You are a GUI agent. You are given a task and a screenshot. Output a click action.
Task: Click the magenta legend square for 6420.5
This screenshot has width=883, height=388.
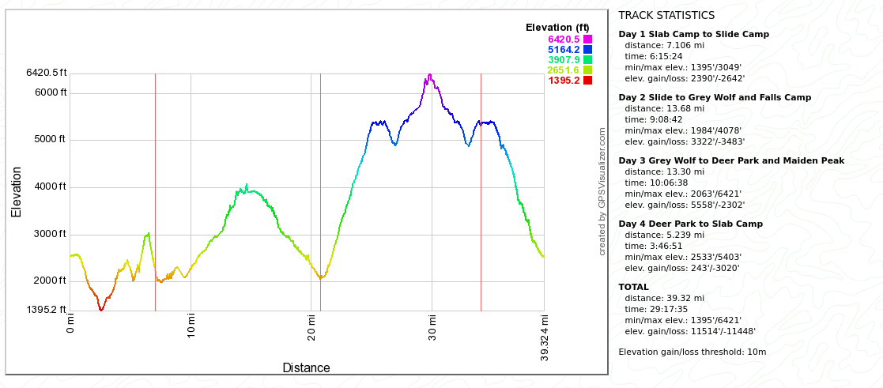[x=588, y=39]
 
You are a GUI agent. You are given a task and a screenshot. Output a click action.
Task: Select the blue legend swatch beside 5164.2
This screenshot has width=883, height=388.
[x=588, y=49]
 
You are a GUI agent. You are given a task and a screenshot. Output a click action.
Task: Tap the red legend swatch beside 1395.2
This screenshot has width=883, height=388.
[x=588, y=80]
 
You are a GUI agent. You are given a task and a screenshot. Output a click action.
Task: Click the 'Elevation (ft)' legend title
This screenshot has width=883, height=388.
[x=558, y=28]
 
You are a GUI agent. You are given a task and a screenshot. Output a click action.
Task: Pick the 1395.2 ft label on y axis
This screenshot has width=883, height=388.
[x=47, y=310]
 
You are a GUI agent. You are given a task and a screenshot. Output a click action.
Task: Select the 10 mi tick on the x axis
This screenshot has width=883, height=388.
[x=191, y=324]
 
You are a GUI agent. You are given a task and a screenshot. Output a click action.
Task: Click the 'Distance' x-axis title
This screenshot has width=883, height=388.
[x=306, y=367]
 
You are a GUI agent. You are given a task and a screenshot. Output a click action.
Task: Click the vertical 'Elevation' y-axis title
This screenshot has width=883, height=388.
[x=17, y=192]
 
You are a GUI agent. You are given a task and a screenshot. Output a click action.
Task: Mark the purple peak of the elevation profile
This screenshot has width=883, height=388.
[x=429, y=75]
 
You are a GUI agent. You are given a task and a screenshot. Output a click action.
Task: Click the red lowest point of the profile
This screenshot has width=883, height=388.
[x=100, y=310]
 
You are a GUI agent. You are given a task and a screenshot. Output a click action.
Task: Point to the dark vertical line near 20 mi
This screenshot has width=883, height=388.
[x=320, y=190]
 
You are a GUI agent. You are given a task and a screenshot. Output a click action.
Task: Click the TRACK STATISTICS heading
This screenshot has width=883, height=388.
[x=666, y=15]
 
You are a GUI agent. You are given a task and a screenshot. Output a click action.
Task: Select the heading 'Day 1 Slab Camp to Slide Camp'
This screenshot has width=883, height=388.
[x=693, y=34]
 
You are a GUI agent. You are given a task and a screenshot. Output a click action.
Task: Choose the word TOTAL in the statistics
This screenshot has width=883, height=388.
[x=633, y=287]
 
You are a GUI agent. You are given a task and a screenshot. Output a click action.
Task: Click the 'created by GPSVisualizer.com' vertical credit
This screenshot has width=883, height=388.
[x=602, y=191]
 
